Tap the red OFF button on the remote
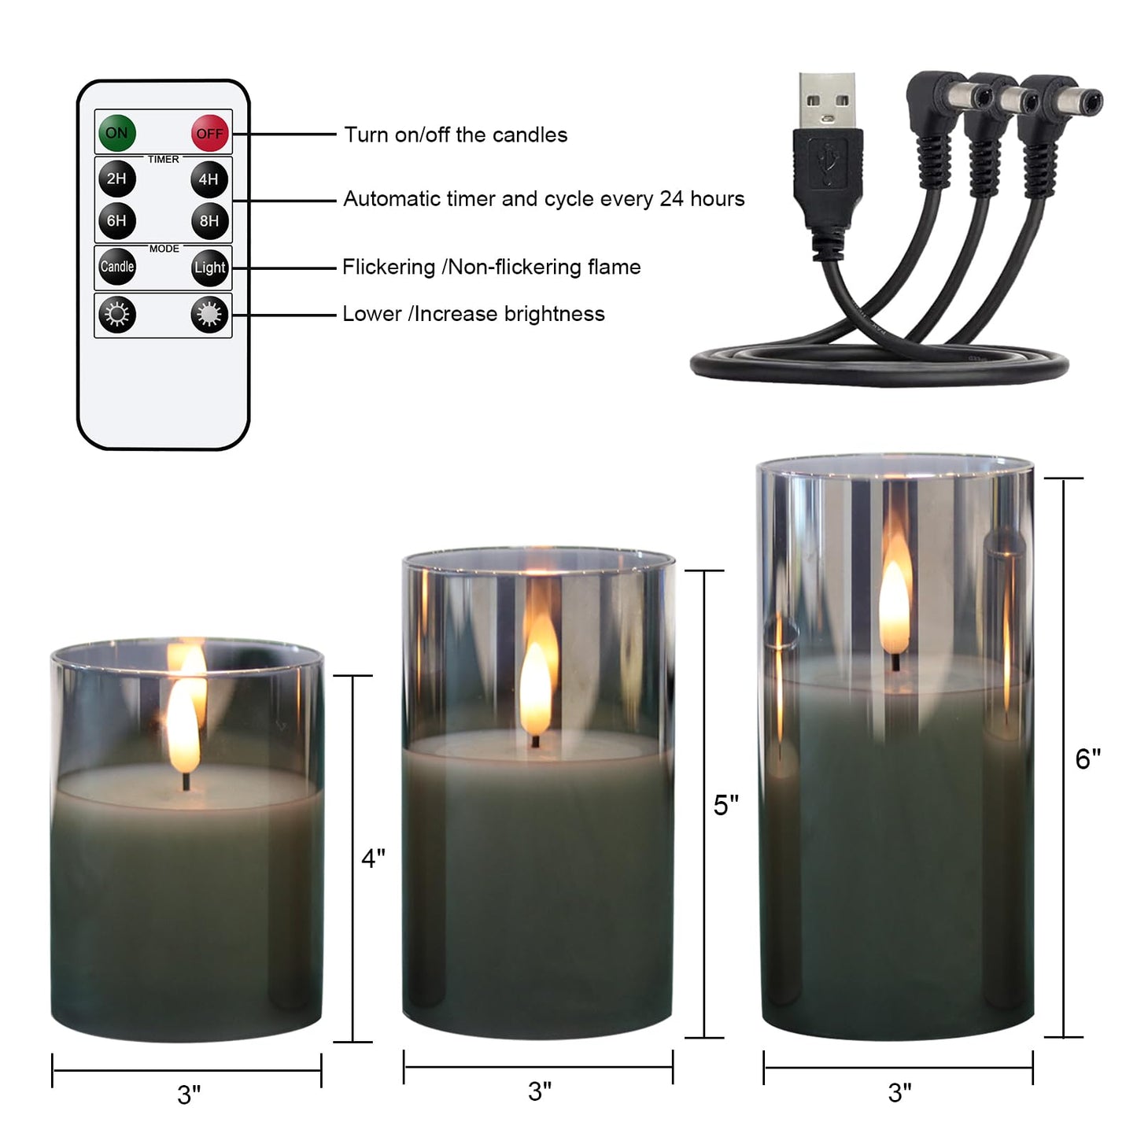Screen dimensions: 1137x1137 tap(209, 134)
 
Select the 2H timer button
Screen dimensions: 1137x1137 tap(117, 179)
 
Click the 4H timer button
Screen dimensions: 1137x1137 tap(209, 179)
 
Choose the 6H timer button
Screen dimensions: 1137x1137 tap(117, 221)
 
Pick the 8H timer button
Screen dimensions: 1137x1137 tap(209, 221)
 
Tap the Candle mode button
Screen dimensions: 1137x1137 tap(117, 267)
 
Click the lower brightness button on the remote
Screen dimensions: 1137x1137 tap(117, 315)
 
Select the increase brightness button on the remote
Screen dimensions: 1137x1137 tap(209, 315)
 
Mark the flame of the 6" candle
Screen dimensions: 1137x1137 tap(895, 606)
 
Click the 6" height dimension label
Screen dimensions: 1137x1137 tap(1088, 759)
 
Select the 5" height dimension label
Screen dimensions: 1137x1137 tap(726, 805)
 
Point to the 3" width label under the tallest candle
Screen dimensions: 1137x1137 tap(899, 1092)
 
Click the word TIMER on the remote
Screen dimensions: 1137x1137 tap(164, 160)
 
